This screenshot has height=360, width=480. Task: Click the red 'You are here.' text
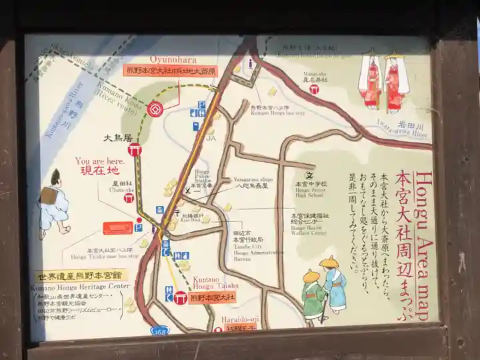pos(100,161)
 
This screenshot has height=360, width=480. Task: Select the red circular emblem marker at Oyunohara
pos(155,107)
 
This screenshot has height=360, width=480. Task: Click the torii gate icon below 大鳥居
pos(135,151)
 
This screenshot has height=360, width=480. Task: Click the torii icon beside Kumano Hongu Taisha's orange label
pos(180,299)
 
